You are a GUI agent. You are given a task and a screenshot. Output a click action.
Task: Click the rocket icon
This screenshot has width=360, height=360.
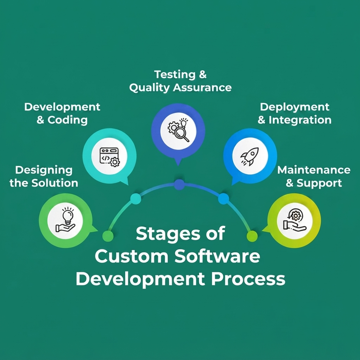click(250, 156)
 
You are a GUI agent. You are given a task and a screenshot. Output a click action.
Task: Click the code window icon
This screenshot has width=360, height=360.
click(109, 157)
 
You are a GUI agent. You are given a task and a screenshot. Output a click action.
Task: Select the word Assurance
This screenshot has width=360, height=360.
click(202, 88)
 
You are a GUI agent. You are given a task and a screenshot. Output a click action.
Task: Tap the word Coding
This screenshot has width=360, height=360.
click(67, 120)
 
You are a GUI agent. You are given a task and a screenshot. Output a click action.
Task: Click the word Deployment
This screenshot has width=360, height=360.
click(295, 107)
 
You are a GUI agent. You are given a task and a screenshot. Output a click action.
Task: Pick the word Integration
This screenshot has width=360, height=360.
click(300, 120)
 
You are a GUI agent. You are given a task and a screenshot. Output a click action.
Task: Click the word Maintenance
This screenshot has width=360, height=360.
click(314, 170)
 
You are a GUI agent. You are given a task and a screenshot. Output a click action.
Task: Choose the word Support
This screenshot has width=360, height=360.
click(319, 183)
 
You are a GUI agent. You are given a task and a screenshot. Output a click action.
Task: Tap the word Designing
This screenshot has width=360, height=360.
click(44, 170)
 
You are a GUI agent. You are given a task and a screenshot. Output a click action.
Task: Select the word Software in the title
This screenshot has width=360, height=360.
click(217, 256)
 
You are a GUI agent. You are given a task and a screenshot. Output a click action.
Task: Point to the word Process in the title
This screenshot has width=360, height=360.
click(248, 279)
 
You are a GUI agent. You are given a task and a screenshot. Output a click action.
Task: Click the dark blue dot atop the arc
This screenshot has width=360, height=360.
click(179, 184)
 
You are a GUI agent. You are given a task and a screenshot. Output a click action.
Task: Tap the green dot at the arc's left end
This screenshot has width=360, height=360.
click(108, 236)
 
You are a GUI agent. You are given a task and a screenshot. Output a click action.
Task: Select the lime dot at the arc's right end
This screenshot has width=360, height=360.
click(252, 236)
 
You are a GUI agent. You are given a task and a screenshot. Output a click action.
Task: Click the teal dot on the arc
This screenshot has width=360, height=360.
click(136, 199)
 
